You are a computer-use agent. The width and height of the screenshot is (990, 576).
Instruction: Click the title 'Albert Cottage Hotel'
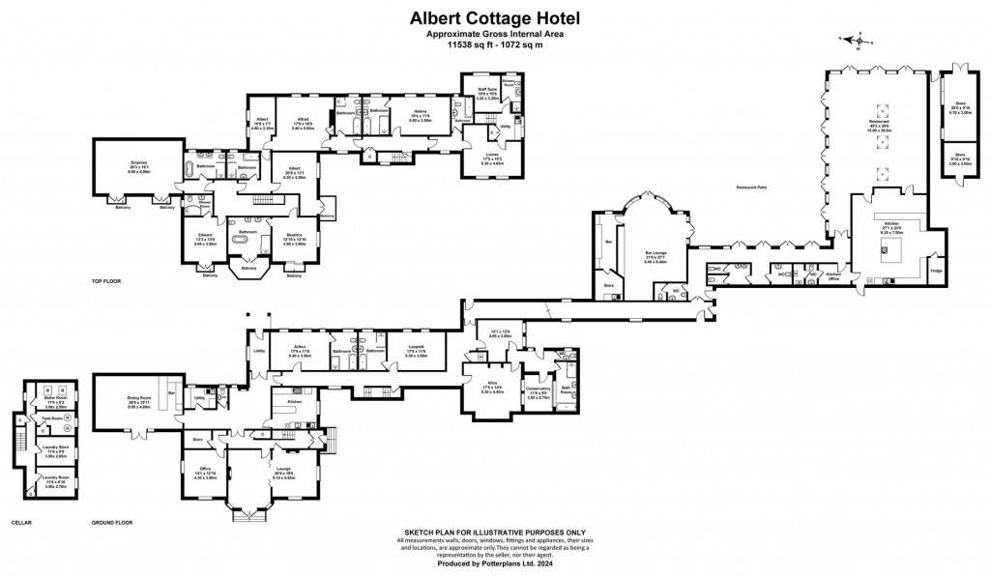(494, 16)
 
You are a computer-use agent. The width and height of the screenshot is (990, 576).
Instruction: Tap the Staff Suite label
(487, 90)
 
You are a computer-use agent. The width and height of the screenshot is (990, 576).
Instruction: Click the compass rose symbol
(855, 41)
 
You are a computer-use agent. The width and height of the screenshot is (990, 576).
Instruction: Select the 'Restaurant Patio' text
(752, 187)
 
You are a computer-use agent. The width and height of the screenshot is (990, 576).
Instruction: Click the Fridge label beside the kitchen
(936, 271)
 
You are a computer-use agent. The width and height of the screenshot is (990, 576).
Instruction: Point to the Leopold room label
(416, 347)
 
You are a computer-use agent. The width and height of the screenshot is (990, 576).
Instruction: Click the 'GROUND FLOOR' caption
(111, 522)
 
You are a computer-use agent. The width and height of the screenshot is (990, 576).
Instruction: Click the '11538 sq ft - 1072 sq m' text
(494, 44)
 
